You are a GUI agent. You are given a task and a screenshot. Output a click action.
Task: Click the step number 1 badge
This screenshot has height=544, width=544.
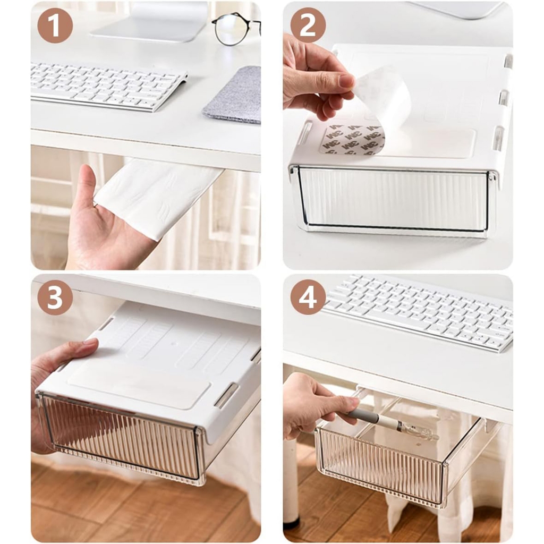tap(55, 25)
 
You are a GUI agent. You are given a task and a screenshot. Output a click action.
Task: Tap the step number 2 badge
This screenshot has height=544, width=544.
tap(308, 25)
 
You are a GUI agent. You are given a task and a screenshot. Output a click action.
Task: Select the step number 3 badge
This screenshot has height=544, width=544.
tap(55, 297)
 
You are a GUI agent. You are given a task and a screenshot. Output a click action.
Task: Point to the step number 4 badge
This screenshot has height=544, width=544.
tap(308, 297)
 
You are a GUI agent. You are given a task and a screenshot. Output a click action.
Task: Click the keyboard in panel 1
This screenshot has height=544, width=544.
tap(107, 86)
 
